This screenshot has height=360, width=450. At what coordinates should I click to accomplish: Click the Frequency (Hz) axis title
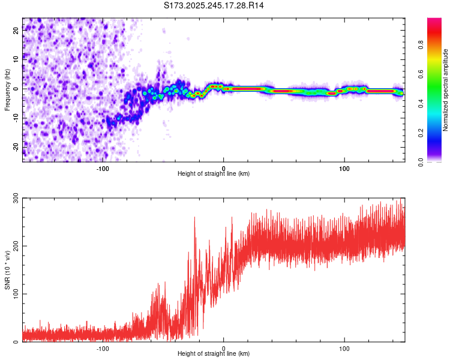pyautogui.click(x=7, y=89)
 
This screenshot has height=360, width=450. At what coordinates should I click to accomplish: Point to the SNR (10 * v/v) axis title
pyautogui.click(x=7, y=269)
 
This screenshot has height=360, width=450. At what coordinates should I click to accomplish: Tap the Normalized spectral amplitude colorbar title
pyautogui.click(x=445, y=90)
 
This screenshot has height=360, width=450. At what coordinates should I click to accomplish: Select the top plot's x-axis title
pyautogui.click(x=214, y=173)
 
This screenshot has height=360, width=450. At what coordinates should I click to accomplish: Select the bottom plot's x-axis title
pyautogui.click(x=214, y=354)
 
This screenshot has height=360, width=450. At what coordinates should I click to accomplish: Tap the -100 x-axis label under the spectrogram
pyautogui.click(x=103, y=168)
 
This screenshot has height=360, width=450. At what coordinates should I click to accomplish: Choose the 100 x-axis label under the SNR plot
pyautogui.click(x=344, y=348)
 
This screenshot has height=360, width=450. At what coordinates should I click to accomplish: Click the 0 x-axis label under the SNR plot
pyautogui.click(x=224, y=348)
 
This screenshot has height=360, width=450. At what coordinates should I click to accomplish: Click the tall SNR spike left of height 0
pyautogui.click(x=194, y=218)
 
